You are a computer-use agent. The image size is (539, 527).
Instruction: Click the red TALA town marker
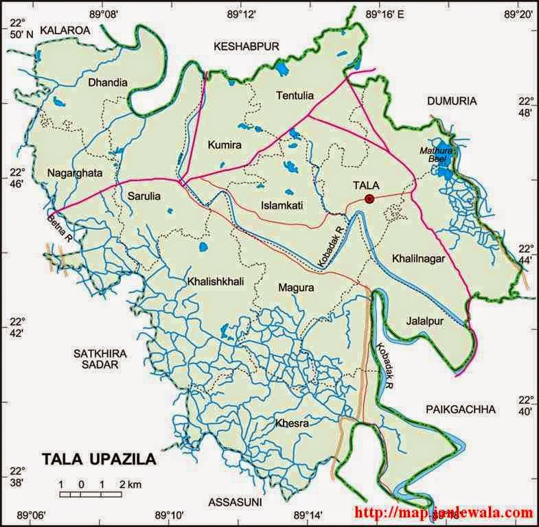click(369, 199)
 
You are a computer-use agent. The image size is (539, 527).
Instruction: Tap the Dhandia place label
click(108, 82)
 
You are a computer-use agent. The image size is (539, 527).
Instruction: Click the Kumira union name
click(223, 143)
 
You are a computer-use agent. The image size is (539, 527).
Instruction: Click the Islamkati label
click(282, 205)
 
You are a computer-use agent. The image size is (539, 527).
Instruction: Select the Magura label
click(296, 288)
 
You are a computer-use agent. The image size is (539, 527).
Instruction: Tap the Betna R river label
click(58, 226)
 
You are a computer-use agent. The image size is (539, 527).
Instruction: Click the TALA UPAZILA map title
click(99, 458)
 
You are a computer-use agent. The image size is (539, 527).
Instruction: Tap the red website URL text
click(444, 513)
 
